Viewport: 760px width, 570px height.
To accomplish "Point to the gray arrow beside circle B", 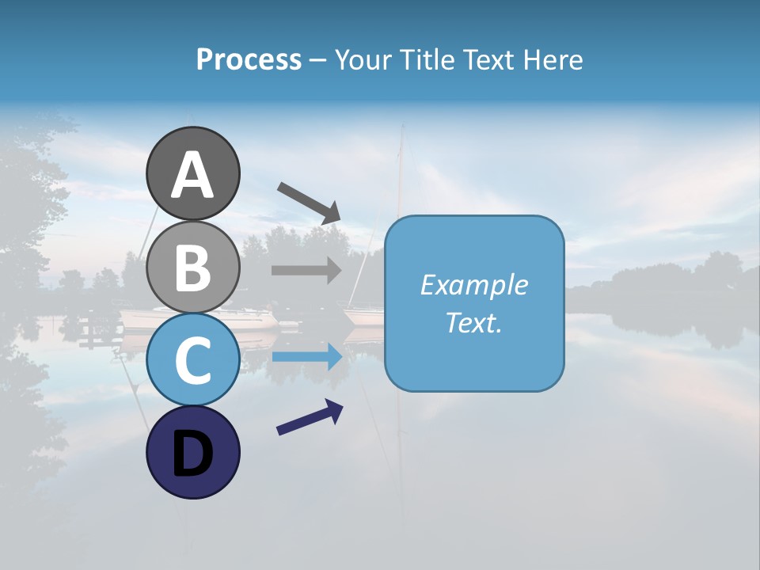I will tap(306, 271).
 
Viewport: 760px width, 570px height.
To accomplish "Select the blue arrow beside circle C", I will tap(306, 357).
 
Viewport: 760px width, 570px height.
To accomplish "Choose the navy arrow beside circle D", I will tap(310, 417).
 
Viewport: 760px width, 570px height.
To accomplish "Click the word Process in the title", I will tap(249, 59).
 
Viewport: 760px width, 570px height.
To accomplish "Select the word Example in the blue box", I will tap(473, 285).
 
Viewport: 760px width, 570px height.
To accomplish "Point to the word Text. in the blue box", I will tap(473, 322).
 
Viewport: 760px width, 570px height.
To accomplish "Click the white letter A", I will tap(192, 176).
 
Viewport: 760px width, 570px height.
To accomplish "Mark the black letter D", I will tap(192, 454).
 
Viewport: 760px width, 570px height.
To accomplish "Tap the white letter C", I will tap(192, 360).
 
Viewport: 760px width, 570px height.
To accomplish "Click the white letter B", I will tap(192, 268).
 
